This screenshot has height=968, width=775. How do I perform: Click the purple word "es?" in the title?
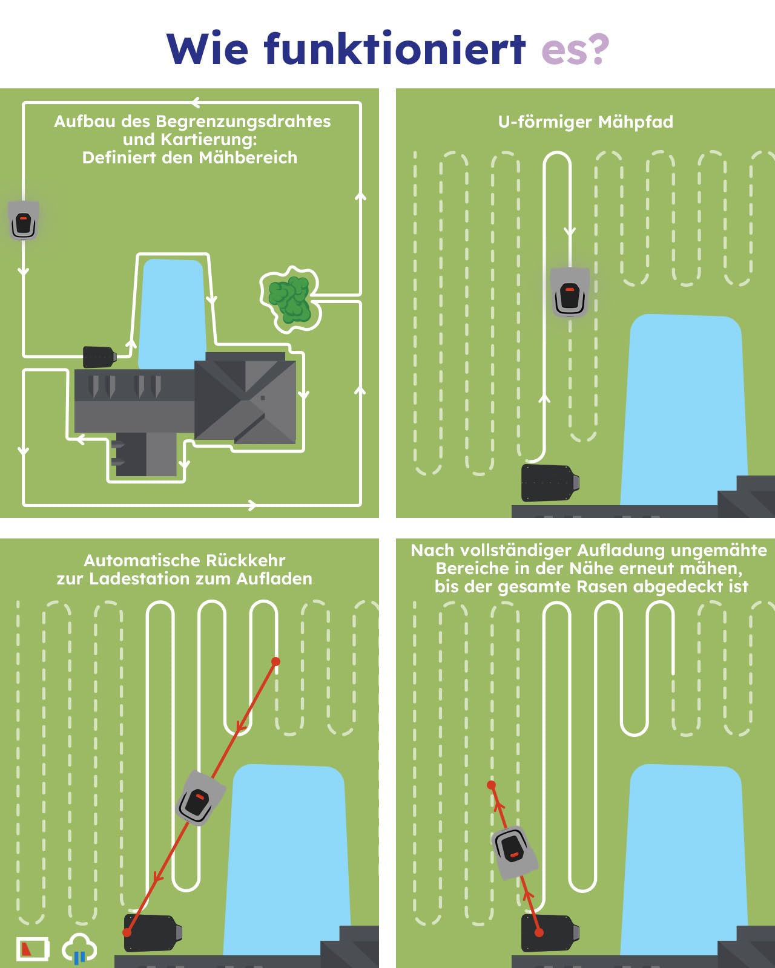click(x=575, y=50)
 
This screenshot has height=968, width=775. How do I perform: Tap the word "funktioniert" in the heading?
click(x=395, y=48)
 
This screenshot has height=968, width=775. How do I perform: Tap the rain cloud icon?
click(x=79, y=947)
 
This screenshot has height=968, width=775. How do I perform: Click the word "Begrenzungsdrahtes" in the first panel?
click(x=243, y=122)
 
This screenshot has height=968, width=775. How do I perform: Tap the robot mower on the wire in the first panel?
click(x=24, y=220)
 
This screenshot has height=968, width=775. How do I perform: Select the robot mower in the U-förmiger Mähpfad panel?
click(x=570, y=292)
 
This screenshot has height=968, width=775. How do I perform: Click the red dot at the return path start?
click(x=275, y=661)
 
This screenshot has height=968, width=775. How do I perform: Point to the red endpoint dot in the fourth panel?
click(x=491, y=785)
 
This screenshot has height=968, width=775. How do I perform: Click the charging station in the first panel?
click(x=99, y=357)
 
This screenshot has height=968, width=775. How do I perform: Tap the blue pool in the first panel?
click(x=172, y=313)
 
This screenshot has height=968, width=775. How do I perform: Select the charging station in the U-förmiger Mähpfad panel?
click(x=550, y=483)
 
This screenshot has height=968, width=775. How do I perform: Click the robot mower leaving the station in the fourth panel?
click(x=515, y=853)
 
